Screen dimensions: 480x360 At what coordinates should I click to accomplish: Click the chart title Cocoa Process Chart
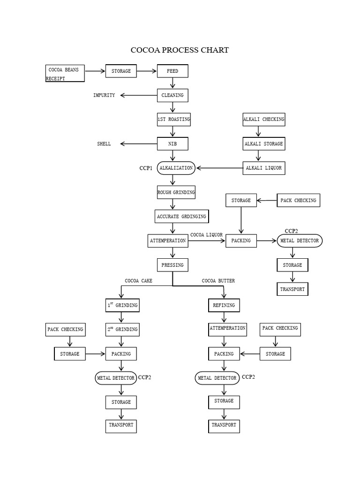(x=180, y=50)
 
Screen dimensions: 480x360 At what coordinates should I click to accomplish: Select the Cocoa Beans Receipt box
(x=65, y=74)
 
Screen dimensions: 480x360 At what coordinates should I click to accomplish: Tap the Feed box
(x=172, y=71)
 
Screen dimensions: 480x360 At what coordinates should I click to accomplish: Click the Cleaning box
(x=172, y=95)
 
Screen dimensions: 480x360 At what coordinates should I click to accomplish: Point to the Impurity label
(x=104, y=95)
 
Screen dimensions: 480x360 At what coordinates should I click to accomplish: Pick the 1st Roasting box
(x=173, y=120)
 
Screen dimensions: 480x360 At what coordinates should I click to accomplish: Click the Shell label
(x=104, y=144)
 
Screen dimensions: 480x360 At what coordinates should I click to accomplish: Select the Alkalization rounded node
(x=176, y=168)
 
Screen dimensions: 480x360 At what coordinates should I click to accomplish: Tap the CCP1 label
(x=146, y=168)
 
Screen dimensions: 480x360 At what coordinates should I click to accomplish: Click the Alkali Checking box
(x=263, y=120)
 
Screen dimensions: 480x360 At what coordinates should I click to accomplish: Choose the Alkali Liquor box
(x=263, y=168)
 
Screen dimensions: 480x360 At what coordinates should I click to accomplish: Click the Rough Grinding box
(x=176, y=192)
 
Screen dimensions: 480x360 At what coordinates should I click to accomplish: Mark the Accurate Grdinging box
(x=181, y=217)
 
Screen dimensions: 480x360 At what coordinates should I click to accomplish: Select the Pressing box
(x=172, y=265)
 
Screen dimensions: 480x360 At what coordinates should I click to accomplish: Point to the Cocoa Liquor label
(x=206, y=235)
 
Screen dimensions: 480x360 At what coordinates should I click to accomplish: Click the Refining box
(x=224, y=305)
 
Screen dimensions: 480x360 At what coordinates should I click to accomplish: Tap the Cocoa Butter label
(x=218, y=281)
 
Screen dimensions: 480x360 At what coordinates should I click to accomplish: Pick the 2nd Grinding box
(x=122, y=329)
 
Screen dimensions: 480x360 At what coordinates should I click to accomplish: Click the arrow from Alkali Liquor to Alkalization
(x=219, y=168)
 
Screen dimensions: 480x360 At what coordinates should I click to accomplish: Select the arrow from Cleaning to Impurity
(x=139, y=95)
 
